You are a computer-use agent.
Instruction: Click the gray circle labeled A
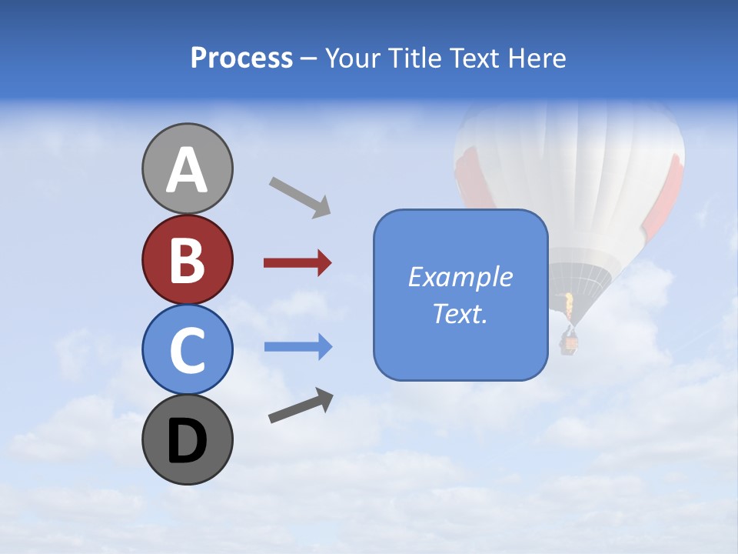pos(187,169)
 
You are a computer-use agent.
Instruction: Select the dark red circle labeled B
pos(187,259)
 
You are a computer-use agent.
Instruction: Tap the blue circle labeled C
pos(187,349)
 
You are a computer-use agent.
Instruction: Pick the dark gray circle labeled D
pos(187,439)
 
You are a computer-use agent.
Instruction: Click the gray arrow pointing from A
pos(299,197)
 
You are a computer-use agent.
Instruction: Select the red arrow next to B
pos(297,263)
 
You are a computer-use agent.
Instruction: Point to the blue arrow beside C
pos(298,346)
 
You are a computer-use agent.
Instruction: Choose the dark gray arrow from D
pos(301,405)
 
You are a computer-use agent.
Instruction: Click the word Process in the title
pos(241,58)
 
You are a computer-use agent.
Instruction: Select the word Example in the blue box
pos(460,277)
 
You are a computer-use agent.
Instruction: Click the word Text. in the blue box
pos(460,313)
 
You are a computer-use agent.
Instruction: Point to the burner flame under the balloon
pos(569,307)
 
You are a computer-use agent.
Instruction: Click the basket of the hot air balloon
pos(570,341)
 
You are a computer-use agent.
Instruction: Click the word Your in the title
pos(351,58)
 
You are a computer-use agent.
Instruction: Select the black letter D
pos(187,441)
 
